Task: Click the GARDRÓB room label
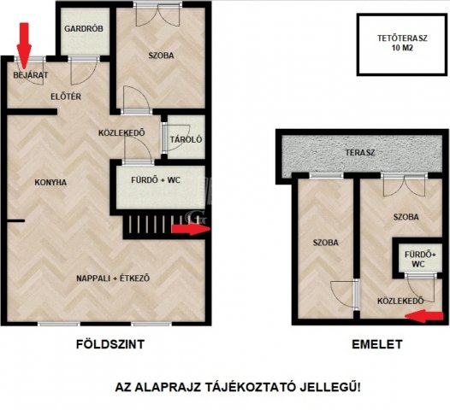pyautogui.click(x=84, y=29)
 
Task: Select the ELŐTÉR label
pyautogui.click(x=66, y=97)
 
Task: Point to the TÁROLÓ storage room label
pyautogui.click(x=186, y=139)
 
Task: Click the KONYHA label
pyautogui.click(x=50, y=182)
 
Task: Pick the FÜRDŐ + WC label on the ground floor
pyautogui.click(x=156, y=180)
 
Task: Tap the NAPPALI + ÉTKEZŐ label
pyautogui.click(x=113, y=278)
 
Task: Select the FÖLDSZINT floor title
pyautogui.click(x=110, y=344)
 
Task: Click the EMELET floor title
pyautogui.click(x=377, y=344)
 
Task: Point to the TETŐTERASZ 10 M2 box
pyautogui.click(x=402, y=44)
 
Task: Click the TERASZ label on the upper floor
pyautogui.click(x=360, y=152)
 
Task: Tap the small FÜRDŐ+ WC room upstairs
pyautogui.click(x=417, y=259)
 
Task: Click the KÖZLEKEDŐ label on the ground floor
pyautogui.click(x=121, y=133)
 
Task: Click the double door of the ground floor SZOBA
pyautogui.click(x=158, y=15)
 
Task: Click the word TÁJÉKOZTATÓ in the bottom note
pyautogui.click(x=251, y=388)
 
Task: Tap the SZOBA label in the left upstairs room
pyautogui.click(x=325, y=243)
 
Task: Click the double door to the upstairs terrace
pyautogui.click(x=405, y=185)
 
